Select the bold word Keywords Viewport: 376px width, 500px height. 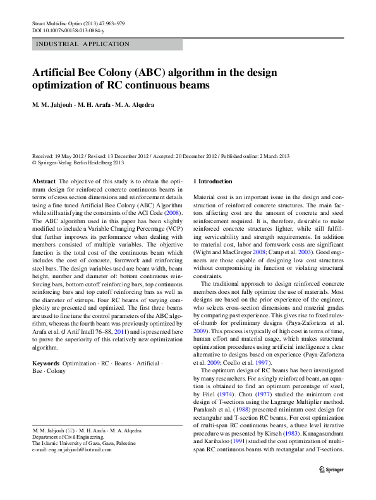46,364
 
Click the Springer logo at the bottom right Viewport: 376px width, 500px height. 331,468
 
